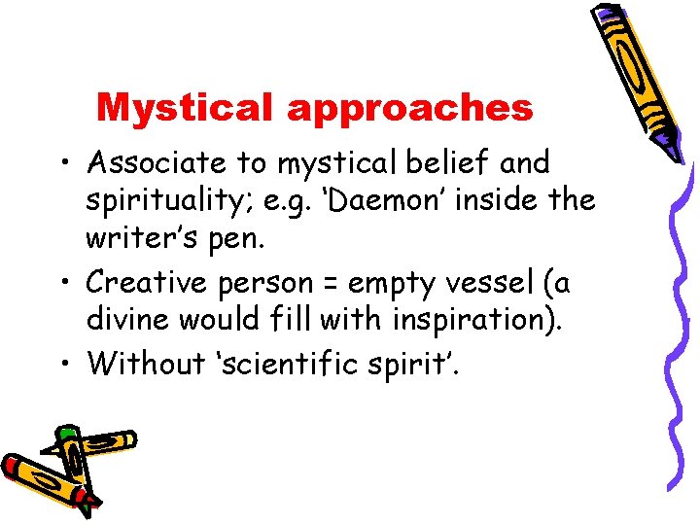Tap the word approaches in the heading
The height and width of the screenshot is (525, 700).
pyautogui.click(x=409, y=109)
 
